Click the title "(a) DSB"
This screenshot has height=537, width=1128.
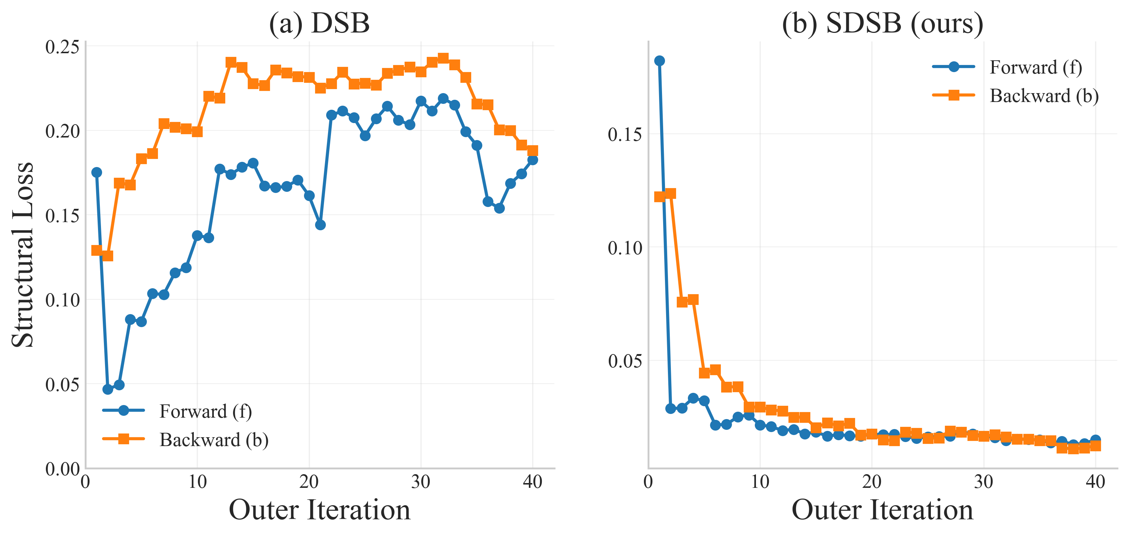(x=319, y=23)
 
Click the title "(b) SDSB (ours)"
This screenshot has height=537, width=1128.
(x=882, y=23)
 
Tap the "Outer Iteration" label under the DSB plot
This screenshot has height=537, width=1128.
(x=320, y=510)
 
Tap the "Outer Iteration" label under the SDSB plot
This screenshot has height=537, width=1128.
(x=882, y=510)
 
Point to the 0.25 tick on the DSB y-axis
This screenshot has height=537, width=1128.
(x=62, y=47)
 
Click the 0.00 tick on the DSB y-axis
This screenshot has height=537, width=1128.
(x=62, y=469)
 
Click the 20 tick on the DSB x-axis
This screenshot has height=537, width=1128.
(x=309, y=482)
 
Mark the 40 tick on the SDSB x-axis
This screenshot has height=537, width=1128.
(x=1095, y=482)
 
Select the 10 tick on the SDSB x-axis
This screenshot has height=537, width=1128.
(x=760, y=482)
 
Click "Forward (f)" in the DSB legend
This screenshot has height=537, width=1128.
(x=205, y=411)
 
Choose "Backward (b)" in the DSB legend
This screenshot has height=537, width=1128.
(x=214, y=439)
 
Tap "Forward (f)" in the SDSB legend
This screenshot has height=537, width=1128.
(x=1036, y=67)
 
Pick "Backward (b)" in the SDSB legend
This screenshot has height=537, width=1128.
(x=1044, y=95)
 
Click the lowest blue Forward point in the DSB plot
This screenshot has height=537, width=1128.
(x=108, y=389)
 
